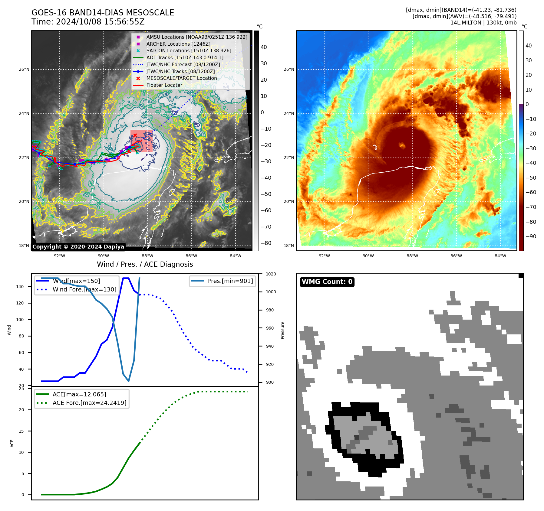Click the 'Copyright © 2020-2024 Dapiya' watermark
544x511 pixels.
(78, 247)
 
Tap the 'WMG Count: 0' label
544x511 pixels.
(327, 282)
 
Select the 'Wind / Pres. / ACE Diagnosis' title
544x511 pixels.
(145, 264)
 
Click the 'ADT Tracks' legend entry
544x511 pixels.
(185, 57)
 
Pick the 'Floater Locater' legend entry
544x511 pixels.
(164, 85)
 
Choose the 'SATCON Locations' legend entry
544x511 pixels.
(189, 50)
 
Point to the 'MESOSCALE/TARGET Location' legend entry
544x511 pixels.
(181, 78)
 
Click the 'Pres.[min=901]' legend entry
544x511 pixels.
(230, 281)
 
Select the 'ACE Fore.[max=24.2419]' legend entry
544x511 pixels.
(89, 403)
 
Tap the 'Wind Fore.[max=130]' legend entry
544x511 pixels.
(84, 289)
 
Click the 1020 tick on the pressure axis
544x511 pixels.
(271, 274)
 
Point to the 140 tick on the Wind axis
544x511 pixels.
(20, 287)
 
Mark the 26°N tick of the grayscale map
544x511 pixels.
(24, 70)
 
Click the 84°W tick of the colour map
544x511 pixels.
(500, 256)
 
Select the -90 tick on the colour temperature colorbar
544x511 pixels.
(531, 236)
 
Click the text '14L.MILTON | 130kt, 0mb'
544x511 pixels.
(483, 23)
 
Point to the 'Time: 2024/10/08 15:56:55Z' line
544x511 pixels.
(88, 22)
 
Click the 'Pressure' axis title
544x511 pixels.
(282, 330)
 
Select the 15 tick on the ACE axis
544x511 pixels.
(21, 431)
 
